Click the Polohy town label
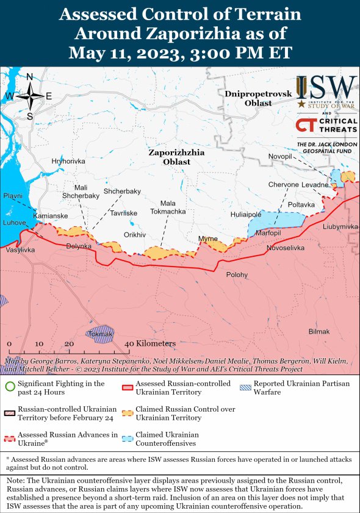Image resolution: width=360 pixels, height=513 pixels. coord(237,275)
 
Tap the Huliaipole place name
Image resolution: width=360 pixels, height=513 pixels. coord(246,215)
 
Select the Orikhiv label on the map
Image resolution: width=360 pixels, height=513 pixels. coord(135,235)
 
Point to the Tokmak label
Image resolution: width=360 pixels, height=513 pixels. coord(100,334)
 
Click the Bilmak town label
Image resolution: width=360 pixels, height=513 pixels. coord(319,331)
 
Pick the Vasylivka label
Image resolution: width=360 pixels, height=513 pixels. coord(20,250)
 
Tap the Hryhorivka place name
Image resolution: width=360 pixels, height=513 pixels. coord(68,161)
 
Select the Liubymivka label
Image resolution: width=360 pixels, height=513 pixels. coord(340,226)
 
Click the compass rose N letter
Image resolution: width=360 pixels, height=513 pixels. coord(30,76)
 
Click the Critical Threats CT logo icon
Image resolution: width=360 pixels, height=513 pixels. coord(305,125)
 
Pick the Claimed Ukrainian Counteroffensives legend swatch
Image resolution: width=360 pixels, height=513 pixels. coord(128,439)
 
